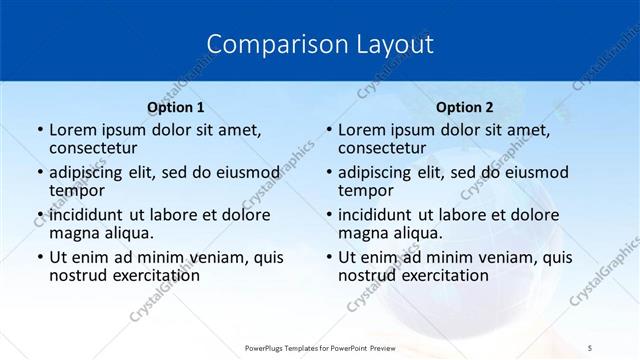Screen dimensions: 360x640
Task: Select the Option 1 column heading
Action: pyautogui.click(x=176, y=107)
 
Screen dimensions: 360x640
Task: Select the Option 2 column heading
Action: pyautogui.click(x=465, y=107)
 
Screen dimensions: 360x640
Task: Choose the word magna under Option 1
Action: pyautogui.click(x=73, y=233)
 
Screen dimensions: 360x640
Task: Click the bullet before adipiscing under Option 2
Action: pyautogui.click(x=327, y=173)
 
